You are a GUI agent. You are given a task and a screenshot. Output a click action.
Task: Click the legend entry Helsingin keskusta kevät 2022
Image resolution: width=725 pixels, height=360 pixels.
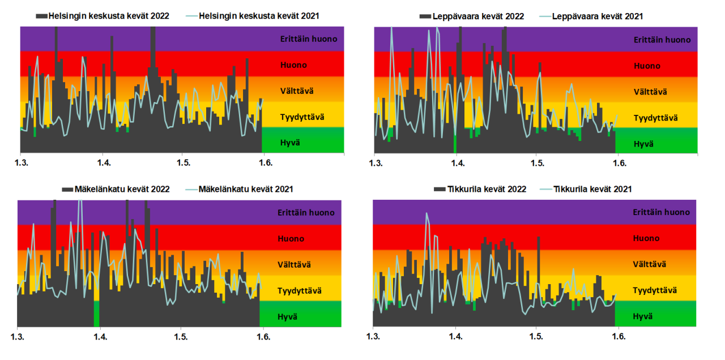pos(108,15)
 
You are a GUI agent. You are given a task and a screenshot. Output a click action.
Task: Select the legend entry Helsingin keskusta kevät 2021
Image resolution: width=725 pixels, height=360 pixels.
pos(262,15)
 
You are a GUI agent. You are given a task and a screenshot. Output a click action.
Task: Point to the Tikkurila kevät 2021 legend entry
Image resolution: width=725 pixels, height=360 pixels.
pos(592,189)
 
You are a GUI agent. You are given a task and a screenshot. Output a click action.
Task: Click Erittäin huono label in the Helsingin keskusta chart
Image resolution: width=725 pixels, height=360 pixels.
pos(309,39)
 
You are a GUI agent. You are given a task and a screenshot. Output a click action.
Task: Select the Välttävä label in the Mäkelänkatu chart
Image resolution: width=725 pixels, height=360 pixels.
pos(294,264)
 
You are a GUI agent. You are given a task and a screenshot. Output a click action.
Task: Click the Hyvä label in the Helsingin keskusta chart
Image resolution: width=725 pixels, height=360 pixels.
pos(291,142)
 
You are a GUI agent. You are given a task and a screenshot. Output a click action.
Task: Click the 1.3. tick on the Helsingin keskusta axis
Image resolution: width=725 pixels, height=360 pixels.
pos(21,163)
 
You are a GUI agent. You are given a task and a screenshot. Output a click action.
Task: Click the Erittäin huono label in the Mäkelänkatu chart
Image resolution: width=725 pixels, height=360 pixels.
pos(306,213)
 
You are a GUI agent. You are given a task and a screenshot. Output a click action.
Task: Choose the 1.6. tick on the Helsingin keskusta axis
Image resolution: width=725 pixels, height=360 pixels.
pos(265,163)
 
